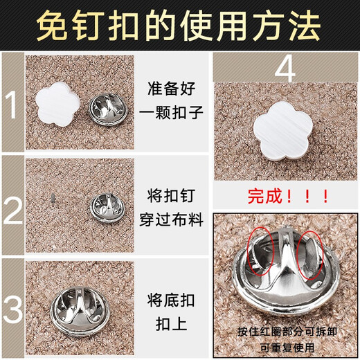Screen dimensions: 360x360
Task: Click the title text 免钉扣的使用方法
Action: coord(179,26)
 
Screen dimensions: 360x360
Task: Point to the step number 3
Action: coord(12,307)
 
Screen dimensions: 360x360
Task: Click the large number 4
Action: coord(285,70)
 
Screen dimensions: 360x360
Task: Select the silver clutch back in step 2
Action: coord(105,205)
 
